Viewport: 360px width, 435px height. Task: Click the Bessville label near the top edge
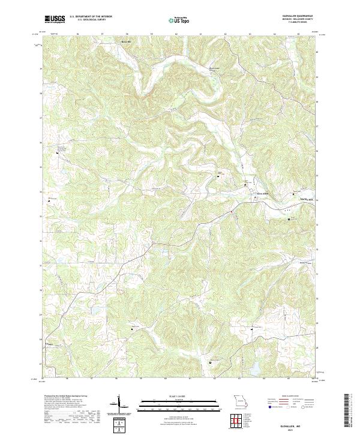coord(125,42)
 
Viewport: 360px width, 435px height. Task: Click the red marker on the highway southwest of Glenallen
coord(231,211)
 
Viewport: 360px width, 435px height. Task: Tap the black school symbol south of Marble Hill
coord(289,220)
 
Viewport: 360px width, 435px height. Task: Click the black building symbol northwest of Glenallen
coord(218,176)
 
